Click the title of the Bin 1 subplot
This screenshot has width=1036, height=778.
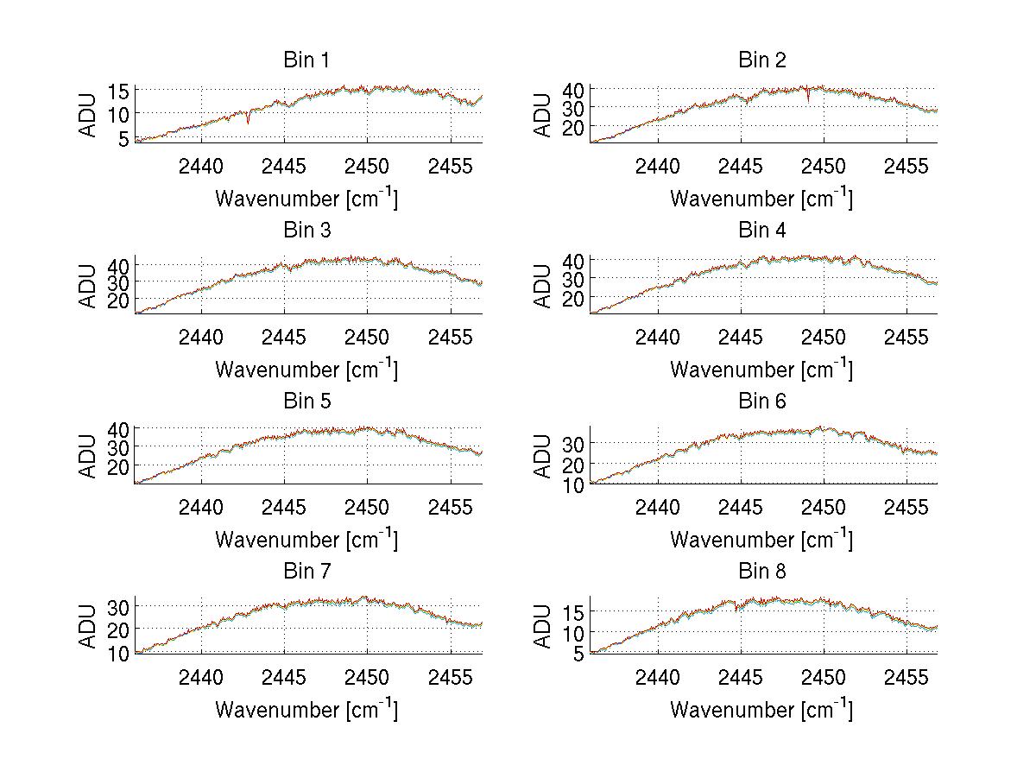pos(306,60)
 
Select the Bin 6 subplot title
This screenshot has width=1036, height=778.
pos(762,402)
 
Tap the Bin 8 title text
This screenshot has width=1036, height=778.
pos(762,572)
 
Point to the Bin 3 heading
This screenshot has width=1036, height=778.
pos(306,231)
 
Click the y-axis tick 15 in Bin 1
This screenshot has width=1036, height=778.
pos(119,91)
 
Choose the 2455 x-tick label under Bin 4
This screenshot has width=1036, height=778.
pos(906,336)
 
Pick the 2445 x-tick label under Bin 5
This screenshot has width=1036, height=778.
pos(284,506)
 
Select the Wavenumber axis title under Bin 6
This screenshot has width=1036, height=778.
pos(761,540)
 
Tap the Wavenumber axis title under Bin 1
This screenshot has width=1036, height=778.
pos(306,199)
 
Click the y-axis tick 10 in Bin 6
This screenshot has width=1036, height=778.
pos(574,484)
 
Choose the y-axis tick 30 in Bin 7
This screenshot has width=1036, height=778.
pos(119,607)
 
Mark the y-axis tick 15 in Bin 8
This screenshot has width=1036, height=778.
pos(574,612)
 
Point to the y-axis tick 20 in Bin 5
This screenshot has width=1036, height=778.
pos(119,466)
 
